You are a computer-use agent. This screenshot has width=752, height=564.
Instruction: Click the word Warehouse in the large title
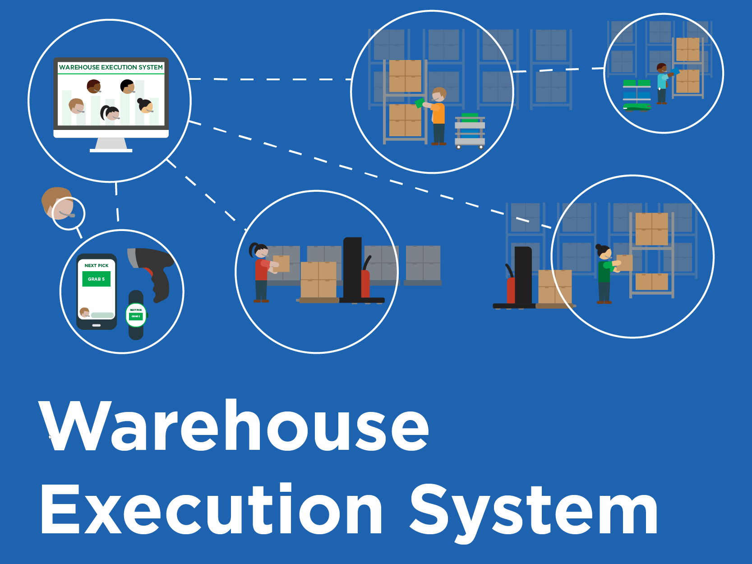[235, 426]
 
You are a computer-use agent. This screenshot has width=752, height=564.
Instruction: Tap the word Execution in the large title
[212, 510]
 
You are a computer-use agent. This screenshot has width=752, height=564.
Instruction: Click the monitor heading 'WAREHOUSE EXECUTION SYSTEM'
[111, 67]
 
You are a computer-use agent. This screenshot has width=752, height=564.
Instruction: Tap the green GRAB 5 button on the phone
[96, 279]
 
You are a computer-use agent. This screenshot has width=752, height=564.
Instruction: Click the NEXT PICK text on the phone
[96, 266]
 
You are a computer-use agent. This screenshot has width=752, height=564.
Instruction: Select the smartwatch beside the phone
[136, 315]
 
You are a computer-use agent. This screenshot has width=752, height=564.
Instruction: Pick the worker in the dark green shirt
[604, 275]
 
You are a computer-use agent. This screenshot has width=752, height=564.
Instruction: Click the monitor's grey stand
[111, 144]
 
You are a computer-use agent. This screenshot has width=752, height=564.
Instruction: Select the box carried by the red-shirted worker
[281, 264]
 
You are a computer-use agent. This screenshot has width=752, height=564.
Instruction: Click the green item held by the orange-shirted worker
[419, 103]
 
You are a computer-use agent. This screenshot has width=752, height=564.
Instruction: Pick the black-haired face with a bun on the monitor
[145, 106]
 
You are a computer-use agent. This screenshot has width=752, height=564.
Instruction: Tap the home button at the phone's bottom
[96, 325]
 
